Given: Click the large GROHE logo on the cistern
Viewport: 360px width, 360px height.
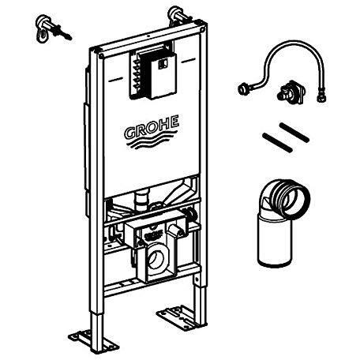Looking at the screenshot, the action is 152,132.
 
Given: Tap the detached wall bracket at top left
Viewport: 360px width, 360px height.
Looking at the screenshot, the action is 52,29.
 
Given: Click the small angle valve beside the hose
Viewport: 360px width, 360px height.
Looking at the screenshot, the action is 291,91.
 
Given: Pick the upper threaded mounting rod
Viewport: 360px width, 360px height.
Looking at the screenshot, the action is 294,133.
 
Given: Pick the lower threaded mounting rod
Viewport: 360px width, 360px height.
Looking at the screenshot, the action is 277,143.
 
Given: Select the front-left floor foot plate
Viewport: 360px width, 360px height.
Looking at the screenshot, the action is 93,340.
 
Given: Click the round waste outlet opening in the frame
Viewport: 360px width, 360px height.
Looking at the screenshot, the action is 156,259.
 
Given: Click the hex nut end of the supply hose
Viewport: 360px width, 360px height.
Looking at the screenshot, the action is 321,96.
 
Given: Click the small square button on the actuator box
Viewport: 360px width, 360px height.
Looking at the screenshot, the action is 162,63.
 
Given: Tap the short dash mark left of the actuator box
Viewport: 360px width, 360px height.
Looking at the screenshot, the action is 116,79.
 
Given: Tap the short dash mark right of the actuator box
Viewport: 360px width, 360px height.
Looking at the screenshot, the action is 189,62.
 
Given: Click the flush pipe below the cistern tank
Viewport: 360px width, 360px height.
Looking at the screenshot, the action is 142,201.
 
